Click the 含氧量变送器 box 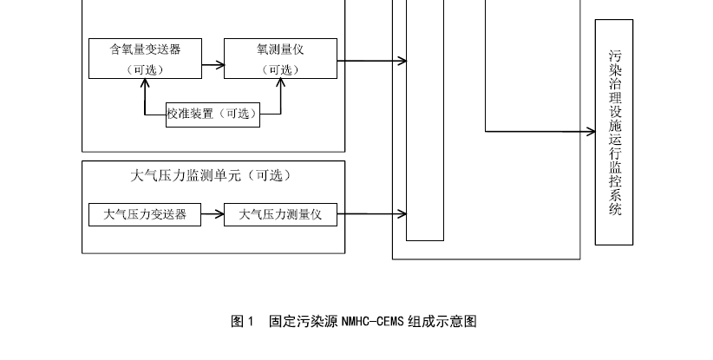click(145, 58)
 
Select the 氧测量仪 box click(280, 58)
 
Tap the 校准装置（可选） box click(213, 114)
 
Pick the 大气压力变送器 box click(145, 213)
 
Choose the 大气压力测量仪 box click(280, 213)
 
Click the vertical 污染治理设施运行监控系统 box click(614, 132)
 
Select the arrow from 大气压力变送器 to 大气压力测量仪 click(213, 213)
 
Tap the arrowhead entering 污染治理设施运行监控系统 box click(589, 132)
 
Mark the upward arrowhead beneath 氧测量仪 click(280, 83)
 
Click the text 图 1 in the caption click(242, 322)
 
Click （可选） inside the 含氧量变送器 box click(145, 70)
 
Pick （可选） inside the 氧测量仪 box click(280, 70)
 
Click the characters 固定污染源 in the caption click(304, 322)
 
